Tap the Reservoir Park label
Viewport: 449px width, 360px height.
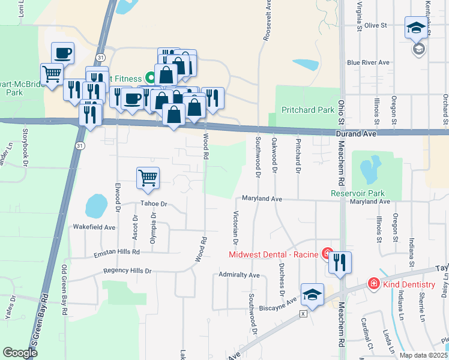point(357,193)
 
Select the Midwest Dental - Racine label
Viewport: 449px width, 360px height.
point(273,254)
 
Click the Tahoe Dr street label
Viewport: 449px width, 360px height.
point(154,204)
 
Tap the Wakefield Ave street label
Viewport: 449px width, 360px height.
point(94,227)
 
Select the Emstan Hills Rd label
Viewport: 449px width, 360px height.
point(116,253)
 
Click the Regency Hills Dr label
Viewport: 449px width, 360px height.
point(127,271)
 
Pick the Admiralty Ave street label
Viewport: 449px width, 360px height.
point(239,275)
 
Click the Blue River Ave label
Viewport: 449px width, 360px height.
point(369,62)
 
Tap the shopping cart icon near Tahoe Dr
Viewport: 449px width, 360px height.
point(148,178)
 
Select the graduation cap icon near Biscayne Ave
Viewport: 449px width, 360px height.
point(312,294)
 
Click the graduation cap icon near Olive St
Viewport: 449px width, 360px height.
point(416,28)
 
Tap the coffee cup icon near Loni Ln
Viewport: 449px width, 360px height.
point(62,53)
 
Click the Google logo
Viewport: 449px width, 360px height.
point(20,353)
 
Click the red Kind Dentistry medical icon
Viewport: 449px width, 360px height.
point(373,283)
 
